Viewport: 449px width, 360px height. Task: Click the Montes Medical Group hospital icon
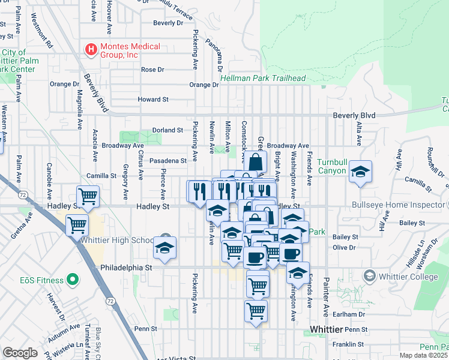[91, 48]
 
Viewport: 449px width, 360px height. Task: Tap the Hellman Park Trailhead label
[263, 79]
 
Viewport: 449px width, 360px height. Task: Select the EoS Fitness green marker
[72, 280]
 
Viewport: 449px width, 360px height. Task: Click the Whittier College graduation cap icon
[369, 275]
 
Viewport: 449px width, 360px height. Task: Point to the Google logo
[19, 353]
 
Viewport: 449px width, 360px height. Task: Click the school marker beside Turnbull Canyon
[360, 172]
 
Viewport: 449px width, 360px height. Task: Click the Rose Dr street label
[152, 70]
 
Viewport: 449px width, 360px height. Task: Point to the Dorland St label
[167, 130]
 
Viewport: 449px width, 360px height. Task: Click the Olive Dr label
[345, 247]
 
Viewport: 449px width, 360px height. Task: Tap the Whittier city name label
[325, 330]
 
